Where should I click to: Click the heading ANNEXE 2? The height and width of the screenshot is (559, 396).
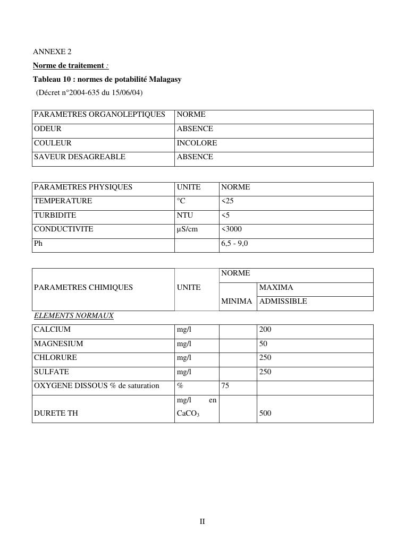52,51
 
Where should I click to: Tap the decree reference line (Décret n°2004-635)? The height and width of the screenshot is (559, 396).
89,92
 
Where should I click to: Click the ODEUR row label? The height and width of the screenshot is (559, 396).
48,128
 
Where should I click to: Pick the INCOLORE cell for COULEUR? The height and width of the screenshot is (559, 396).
197,143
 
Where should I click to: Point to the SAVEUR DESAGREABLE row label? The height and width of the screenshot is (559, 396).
80,157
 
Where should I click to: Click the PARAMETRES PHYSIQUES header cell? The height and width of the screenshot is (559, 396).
83,187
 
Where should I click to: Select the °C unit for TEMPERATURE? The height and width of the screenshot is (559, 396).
182,201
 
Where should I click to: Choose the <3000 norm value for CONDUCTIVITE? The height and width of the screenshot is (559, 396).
231,229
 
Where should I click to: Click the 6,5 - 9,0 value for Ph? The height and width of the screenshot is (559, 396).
234,243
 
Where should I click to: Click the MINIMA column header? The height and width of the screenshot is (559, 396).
237,301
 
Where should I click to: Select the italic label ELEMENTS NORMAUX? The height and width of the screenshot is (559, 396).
74,315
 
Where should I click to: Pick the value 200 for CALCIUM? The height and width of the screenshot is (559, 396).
265,329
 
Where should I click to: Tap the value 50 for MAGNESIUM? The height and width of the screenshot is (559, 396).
263,343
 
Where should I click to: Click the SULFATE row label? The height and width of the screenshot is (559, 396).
52,372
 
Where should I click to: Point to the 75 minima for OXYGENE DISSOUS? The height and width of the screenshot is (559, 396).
225,385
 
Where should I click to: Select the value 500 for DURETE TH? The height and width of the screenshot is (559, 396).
265,412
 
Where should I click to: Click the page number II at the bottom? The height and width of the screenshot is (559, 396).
202,521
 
